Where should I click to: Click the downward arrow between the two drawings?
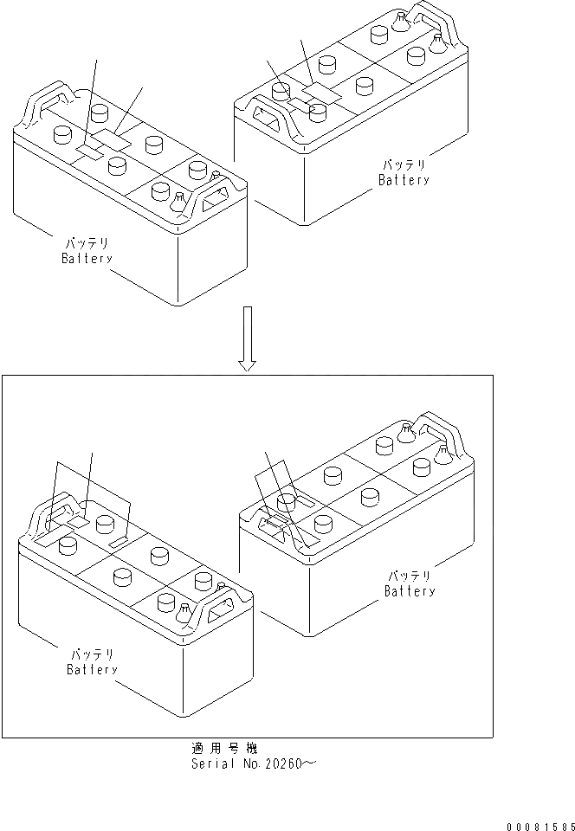click(248, 338)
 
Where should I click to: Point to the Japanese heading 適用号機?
click(224, 748)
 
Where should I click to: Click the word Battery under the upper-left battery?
click(87, 259)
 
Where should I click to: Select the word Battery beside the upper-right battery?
click(404, 181)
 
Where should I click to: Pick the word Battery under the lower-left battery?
click(92, 669)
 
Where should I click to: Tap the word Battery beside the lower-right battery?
click(410, 591)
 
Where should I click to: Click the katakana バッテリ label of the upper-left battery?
click(85, 243)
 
